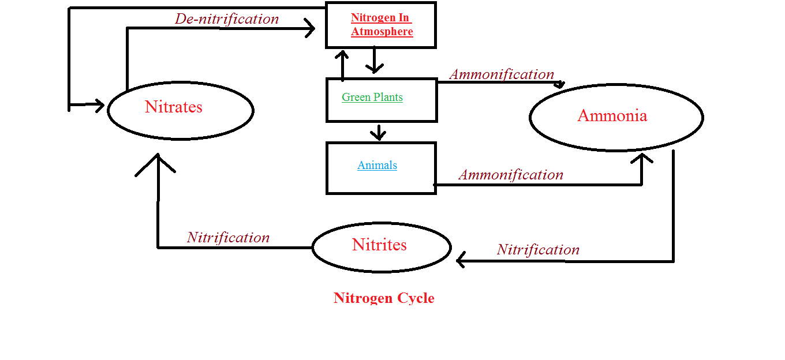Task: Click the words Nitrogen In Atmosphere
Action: click(382, 24)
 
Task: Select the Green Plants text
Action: click(372, 97)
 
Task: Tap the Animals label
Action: click(377, 165)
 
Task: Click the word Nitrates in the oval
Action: click(174, 107)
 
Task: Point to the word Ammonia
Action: click(612, 115)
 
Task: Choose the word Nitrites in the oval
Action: click(379, 245)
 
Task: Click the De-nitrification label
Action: click(227, 19)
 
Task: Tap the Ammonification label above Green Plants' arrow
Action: click(502, 74)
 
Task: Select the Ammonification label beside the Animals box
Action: click(511, 175)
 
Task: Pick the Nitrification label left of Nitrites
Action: click(228, 238)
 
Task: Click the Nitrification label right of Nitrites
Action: click(538, 250)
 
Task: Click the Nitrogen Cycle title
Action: click(384, 298)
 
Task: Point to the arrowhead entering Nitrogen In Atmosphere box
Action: click(310, 28)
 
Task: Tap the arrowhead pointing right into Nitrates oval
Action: click(100, 105)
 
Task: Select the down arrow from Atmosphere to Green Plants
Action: click(375, 59)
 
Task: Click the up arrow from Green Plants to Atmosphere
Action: click(342, 66)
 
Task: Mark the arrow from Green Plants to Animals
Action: click(378, 132)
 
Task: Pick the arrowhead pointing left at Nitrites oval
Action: click(461, 260)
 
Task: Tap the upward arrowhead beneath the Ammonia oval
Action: click(642, 158)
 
